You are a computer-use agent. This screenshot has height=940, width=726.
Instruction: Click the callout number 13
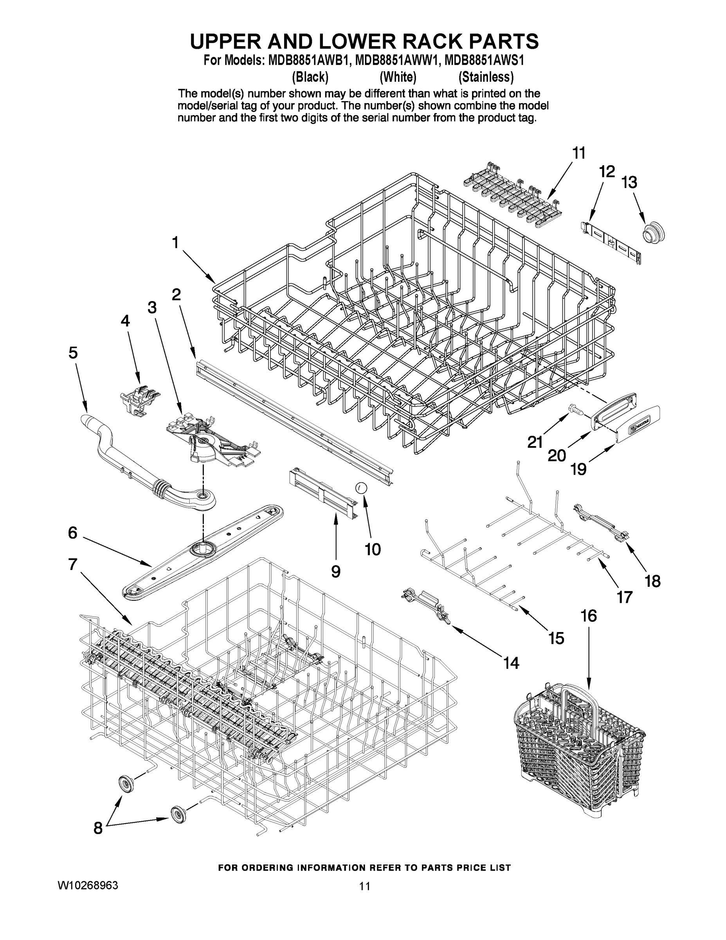tap(629, 183)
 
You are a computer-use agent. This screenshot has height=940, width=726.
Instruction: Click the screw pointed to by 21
tap(574, 409)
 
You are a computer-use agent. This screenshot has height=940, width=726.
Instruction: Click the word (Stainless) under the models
tap(486, 77)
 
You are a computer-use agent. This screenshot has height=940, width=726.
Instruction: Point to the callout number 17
tap(624, 597)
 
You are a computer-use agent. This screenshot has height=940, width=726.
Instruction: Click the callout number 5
tap(73, 352)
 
